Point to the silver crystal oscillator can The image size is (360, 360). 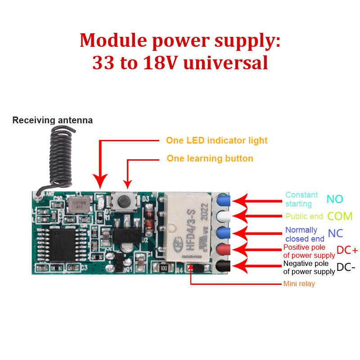pos(79,205)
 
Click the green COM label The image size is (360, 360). pos(340,216)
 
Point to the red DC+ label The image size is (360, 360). pos(347,250)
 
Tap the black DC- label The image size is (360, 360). pos(346,267)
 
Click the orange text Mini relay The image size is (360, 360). pos(299,284)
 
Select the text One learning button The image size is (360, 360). pos(210,158)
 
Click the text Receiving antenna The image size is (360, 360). pos(52,120)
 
